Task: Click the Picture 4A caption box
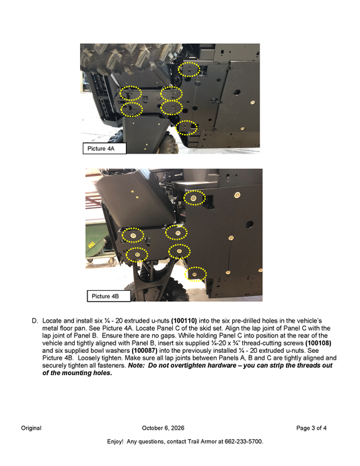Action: pos(104,148)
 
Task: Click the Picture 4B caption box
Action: pos(109,296)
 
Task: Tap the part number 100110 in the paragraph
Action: pos(184,321)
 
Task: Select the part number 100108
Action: pos(318,343)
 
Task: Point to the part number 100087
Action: pos(145,350)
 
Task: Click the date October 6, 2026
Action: pos(163,428)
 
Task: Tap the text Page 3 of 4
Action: pos(312,428)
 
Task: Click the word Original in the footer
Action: pos(31,428)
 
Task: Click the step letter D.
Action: pos(35,321)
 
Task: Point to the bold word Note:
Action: pos(137,365)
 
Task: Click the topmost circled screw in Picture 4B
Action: pos(194,198)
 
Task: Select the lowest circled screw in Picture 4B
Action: pos(195,274)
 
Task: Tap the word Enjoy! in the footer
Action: pos(115,442)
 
